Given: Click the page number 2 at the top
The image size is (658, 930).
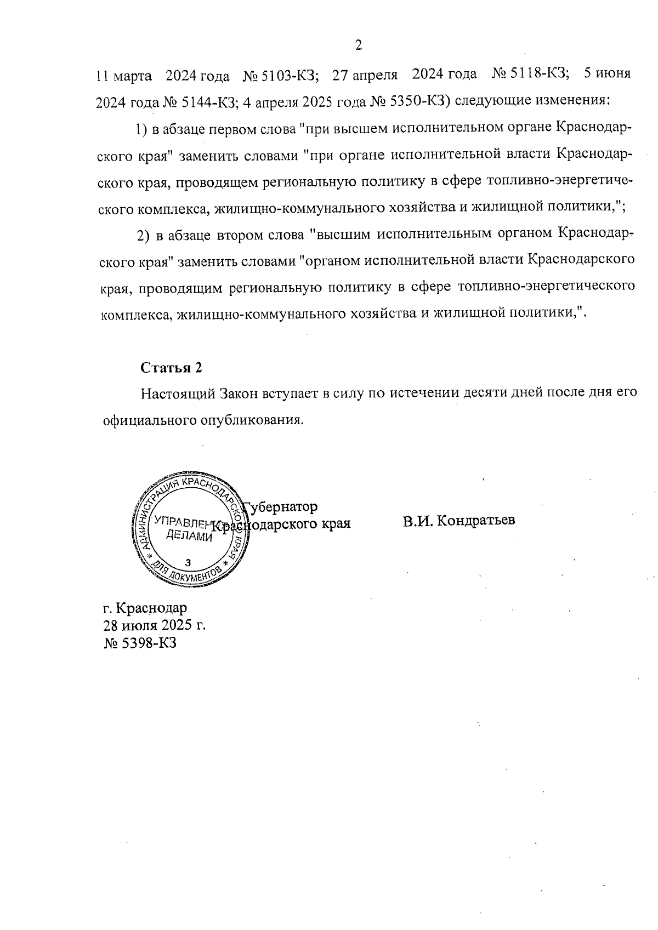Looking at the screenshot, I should coord(359,45).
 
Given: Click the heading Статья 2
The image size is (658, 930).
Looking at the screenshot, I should coord(171,368).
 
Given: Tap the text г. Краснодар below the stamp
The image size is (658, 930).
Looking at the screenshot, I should coord(145,608).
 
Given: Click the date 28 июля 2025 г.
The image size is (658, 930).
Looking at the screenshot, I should coord(154,625).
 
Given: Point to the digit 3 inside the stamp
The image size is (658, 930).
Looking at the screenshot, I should coord(189,562).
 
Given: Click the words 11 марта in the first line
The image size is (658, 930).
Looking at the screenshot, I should coord(124,76).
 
